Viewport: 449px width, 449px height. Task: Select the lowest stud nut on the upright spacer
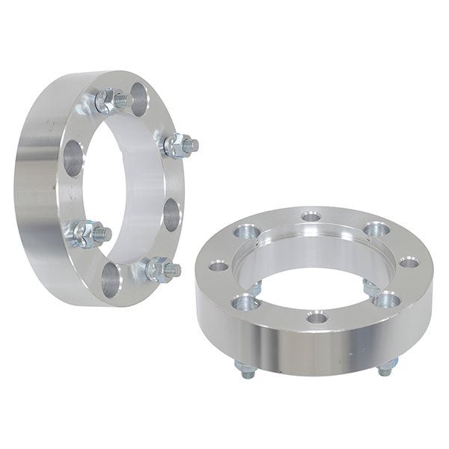click(156, 269)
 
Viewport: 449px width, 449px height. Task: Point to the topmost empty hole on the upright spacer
click(139, 95)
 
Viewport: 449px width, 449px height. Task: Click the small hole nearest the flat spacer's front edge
click(317, 318)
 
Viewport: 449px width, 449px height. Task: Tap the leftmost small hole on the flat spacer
click(218, 266)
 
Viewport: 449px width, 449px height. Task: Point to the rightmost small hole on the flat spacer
click(408, 262)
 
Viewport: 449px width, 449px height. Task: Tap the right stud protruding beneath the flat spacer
click(385, 367)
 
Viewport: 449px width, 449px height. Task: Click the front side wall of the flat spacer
click(314, 352)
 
